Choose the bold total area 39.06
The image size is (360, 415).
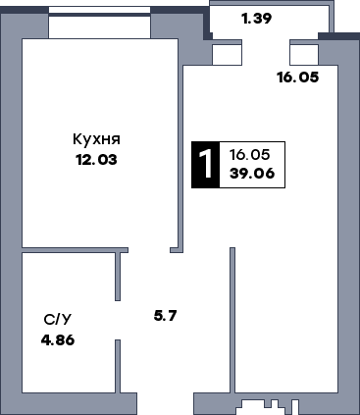[x=250, y=176]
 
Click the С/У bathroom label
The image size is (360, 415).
[x=57, y=320]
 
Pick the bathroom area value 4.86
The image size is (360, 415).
[x=58, y=339]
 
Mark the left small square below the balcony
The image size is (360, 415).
[x=227, y=54]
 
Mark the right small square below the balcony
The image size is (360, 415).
[x=304, y=54]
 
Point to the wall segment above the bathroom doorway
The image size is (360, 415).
[x=119, y=276]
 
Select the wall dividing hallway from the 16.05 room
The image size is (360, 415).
[x=232, y=319]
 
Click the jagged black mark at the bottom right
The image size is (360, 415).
[x=269, y=403]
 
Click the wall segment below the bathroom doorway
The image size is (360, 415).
[x=119, y=364]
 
